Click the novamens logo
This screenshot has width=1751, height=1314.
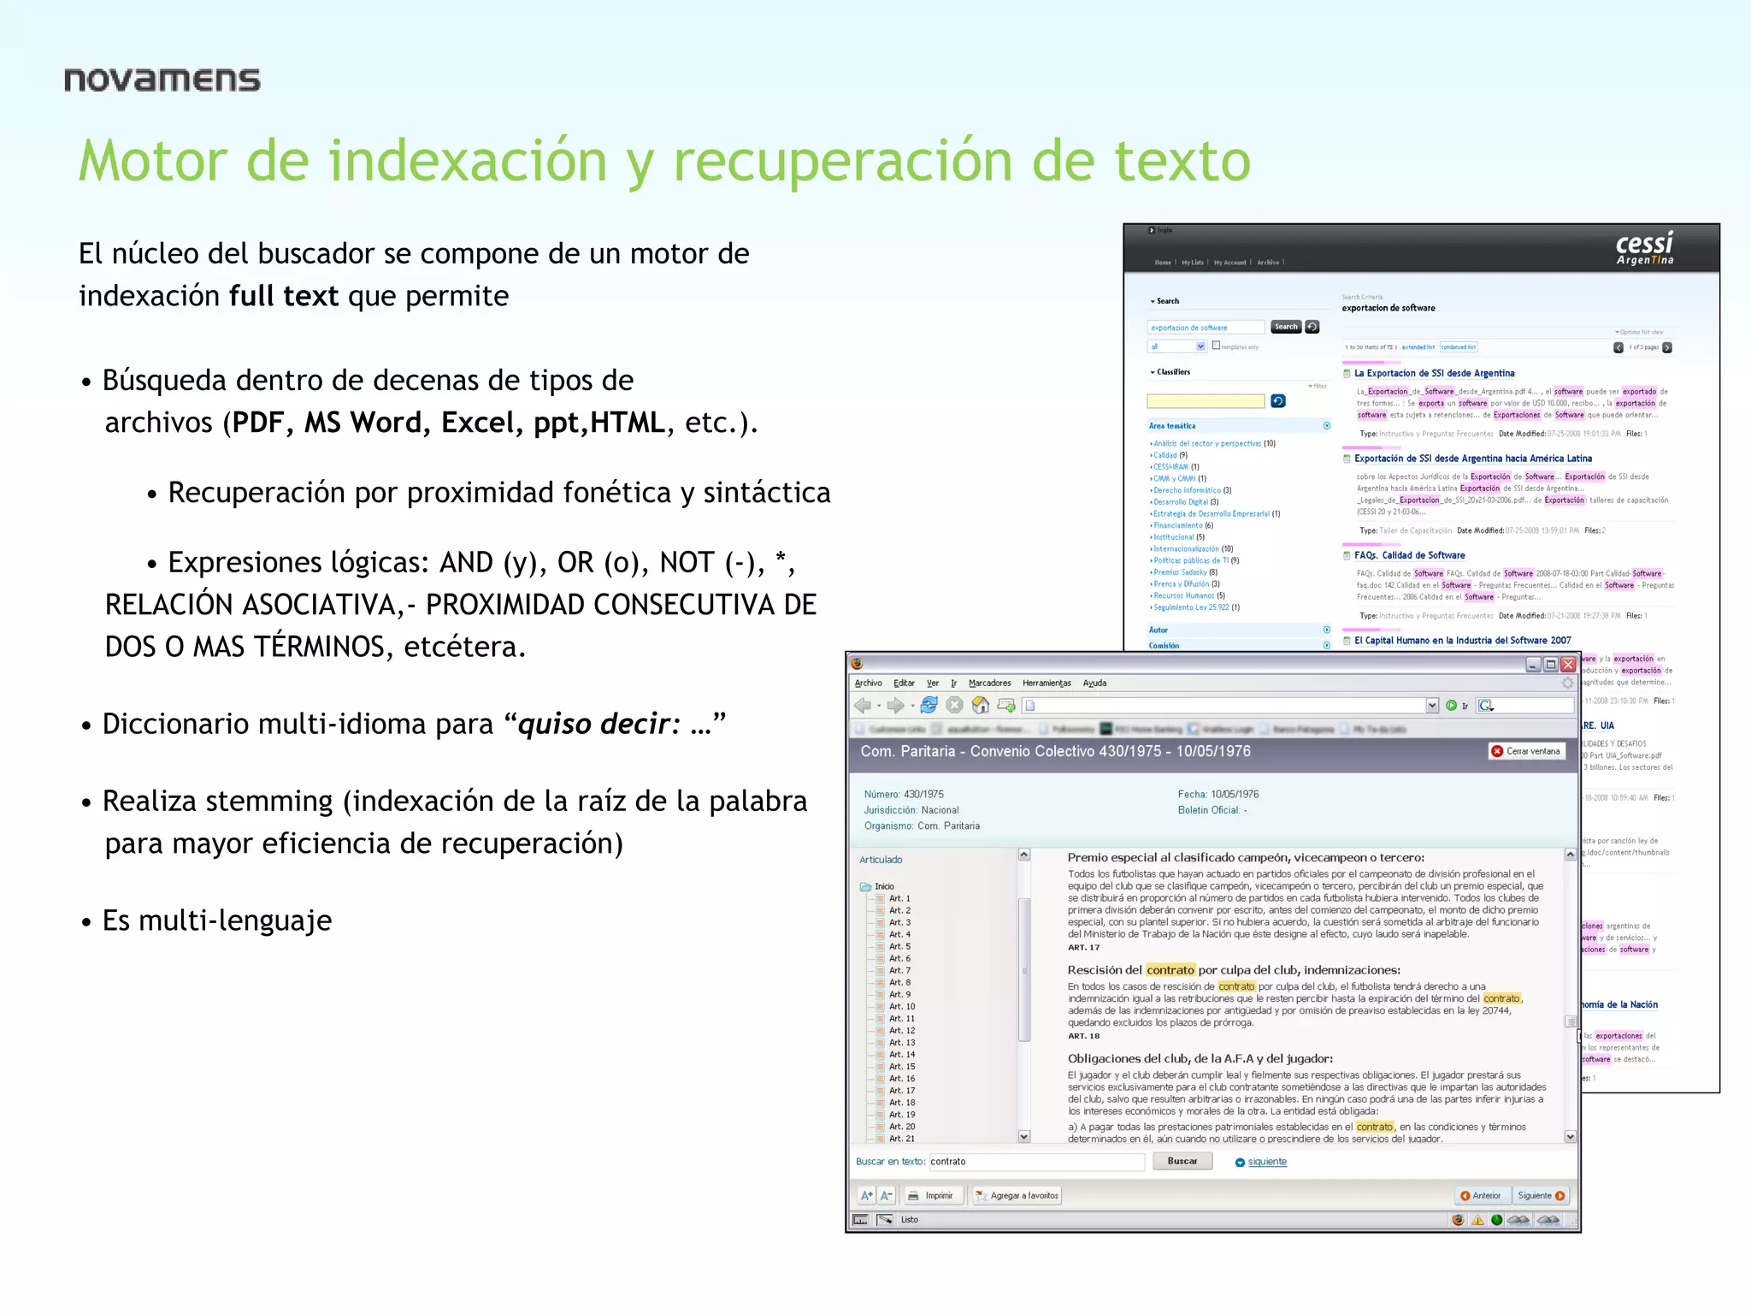tap(162, 80)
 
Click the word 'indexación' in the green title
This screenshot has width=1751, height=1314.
tap(468, 161)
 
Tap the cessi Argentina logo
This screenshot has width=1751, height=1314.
tap(1644, 249)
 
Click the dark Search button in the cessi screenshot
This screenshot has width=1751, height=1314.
tap(1285, 327)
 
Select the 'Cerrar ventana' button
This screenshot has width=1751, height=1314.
tap(1526, 751)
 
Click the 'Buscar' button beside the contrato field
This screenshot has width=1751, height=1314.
tap(1182, 1161)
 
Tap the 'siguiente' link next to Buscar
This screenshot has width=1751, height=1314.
tap(1266, 1162)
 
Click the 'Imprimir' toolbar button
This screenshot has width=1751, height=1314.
tap(931, 1196)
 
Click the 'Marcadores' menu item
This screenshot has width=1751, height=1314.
tap(989, 683)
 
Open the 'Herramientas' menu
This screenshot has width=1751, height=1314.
tap(1046, 683)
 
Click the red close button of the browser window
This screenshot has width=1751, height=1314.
tap(1568, 665)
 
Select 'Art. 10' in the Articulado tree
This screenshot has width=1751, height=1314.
tap(901, 1006)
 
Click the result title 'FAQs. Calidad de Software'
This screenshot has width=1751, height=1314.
tap(1409, 555)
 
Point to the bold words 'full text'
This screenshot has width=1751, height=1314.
tap(284, 296)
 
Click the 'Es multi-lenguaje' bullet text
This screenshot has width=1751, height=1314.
tap(217, 920)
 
